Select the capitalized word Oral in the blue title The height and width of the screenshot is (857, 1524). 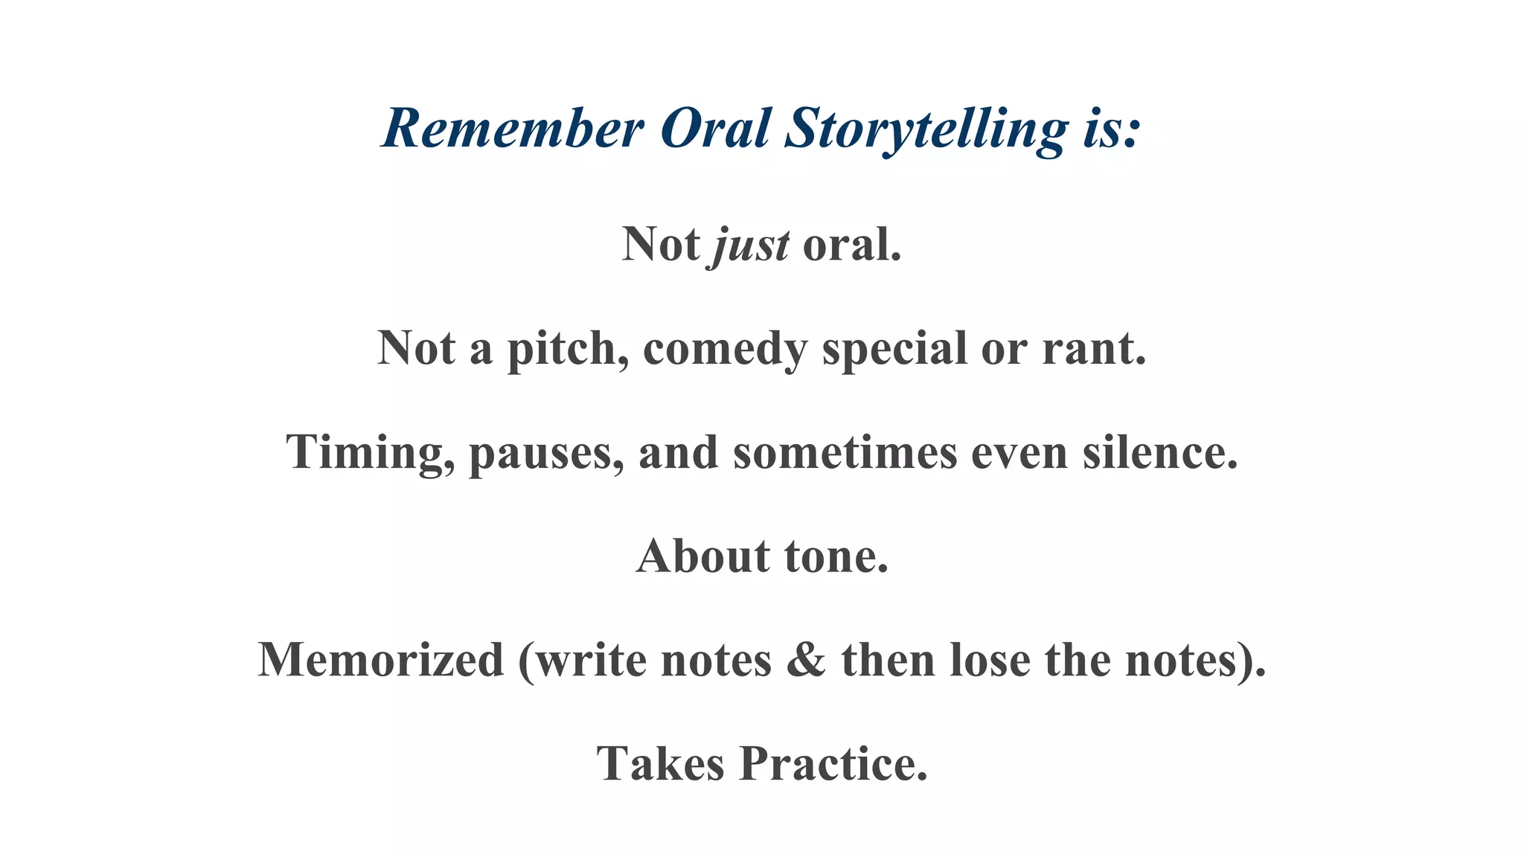(x=714, y=129)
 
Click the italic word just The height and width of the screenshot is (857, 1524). (x=751, y=245)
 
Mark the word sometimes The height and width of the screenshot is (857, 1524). (x=845, y=452)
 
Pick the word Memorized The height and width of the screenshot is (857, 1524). (x=381, y=660)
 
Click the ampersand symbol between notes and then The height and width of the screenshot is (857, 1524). (x=806, y=660)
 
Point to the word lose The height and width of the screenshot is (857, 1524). (x=990, y=660)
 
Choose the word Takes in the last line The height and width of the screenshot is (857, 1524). (x=660, y=764)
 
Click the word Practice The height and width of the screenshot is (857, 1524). (x=833, y=764)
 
